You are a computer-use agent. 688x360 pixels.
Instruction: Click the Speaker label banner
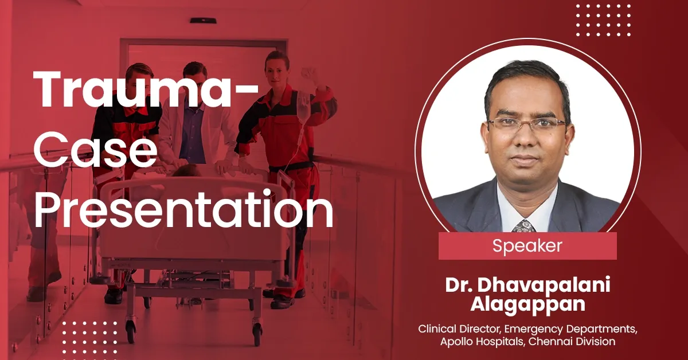coord(527,246)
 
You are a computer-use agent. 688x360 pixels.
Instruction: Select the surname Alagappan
coord(527,304)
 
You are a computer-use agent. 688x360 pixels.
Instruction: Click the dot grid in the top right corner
coord(603,20)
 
